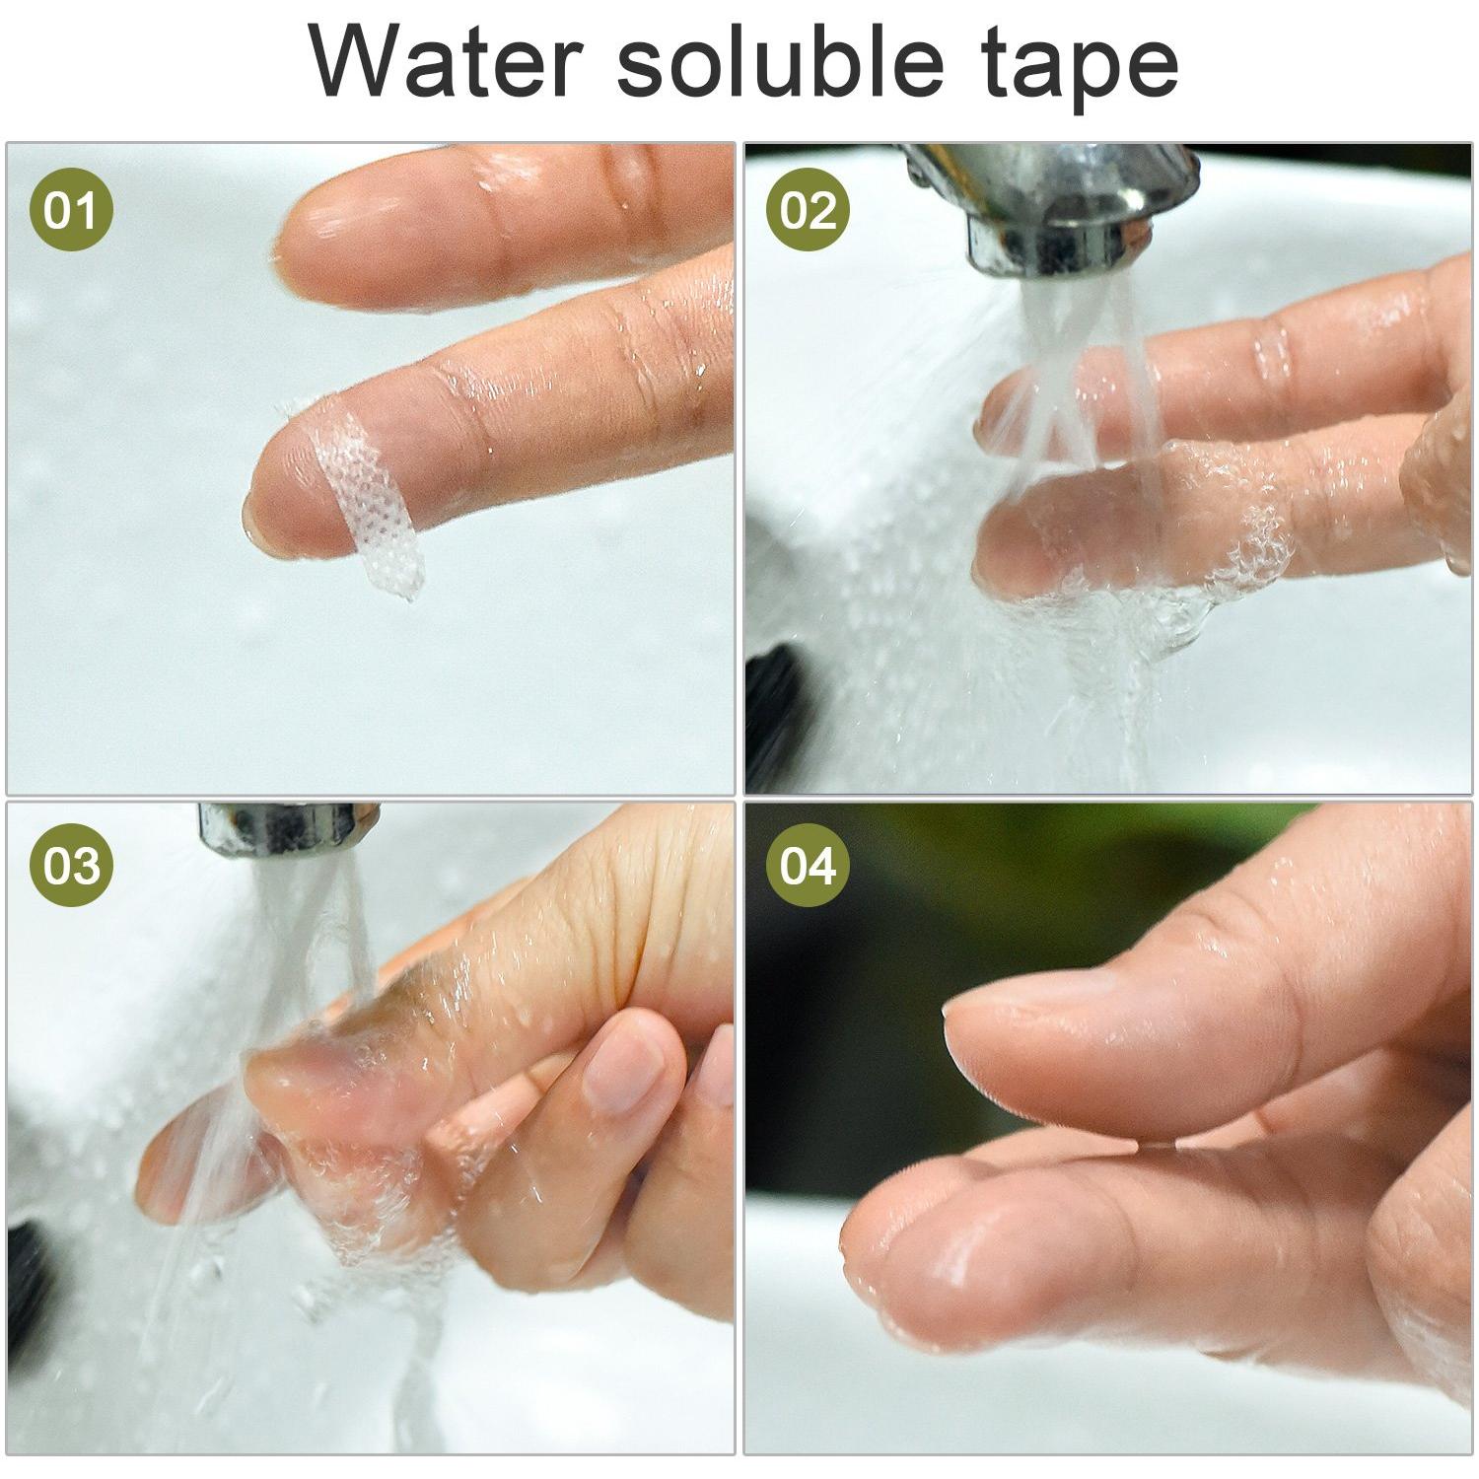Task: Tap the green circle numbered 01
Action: click(71, 209)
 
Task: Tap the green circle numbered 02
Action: click(809, 209)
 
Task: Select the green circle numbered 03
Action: click(71, 866)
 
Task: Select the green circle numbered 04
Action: click(809, 866)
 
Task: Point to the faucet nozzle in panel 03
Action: click(286, 828)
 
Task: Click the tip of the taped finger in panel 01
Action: click(248, 508)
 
